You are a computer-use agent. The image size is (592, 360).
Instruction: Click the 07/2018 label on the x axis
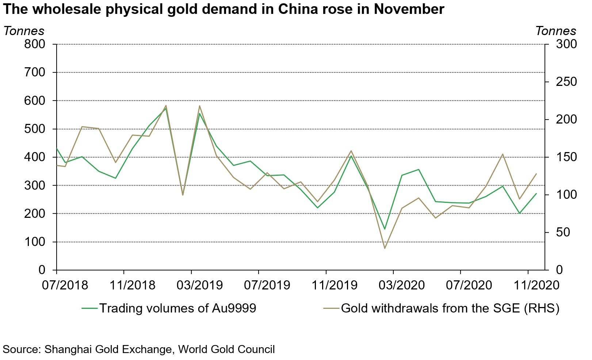[x=65, y=285]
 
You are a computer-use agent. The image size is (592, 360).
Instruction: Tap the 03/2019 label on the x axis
[x=199, y=285]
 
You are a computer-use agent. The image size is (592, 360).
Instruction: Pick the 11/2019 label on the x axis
[x=334, y=285]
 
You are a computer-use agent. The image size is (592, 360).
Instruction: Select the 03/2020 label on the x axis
[x=402, y=285]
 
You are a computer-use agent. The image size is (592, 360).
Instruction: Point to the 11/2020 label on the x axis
[x=536, y=285]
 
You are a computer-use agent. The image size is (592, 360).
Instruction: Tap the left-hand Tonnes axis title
[x=24, y=31]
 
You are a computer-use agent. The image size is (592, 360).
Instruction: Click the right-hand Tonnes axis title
[x=555, y=31]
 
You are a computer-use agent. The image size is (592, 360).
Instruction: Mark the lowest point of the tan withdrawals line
[x=385, y=249]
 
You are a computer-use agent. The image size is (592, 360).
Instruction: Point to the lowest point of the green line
[x=385, y=229]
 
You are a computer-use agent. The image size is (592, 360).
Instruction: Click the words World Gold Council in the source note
[x=226, y=349]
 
